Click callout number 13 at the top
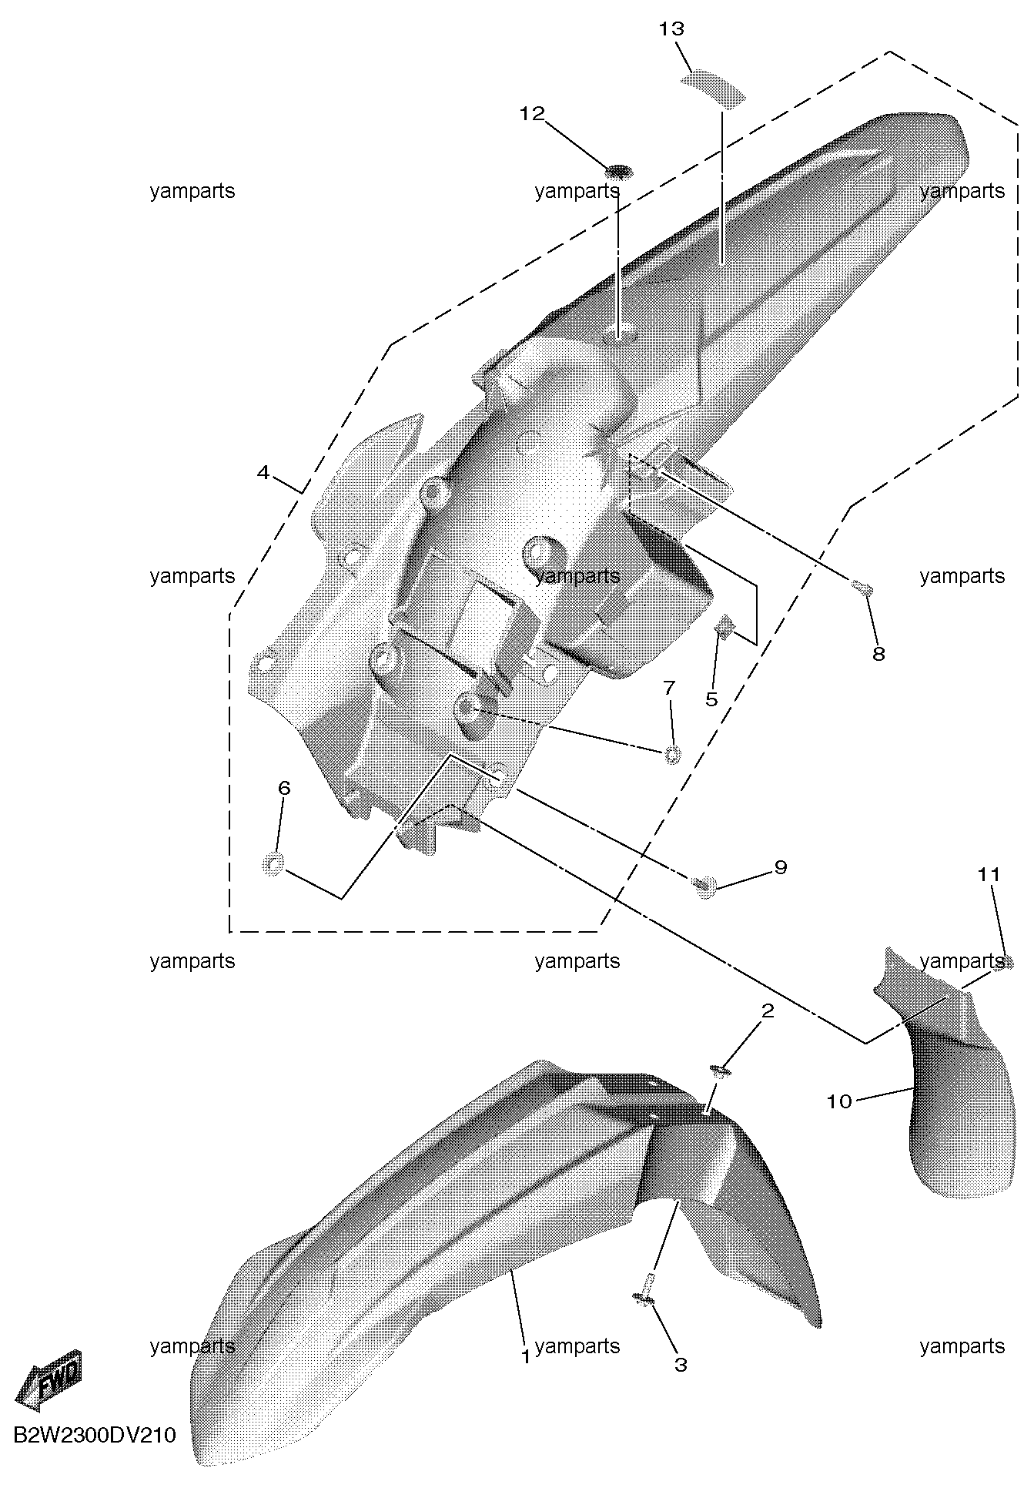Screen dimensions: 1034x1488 tap(671, 29)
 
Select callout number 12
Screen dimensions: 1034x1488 tap(532, 114)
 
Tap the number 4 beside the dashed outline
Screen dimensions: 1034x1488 tap(263, 472)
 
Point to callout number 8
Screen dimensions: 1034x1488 tap(878, 654)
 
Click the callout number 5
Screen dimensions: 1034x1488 tap(711, 699)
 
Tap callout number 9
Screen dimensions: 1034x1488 tap(781, 867)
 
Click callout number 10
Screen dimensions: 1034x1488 tap(839, 1101)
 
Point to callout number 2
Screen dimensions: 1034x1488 tap(768, 1010)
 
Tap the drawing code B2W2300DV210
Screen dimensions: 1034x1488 tap(95, 1436)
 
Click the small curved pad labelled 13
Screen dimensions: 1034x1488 tap(714, 85)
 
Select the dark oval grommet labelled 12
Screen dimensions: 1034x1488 tap(618, 170)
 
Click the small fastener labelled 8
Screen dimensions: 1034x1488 tap(862, 589)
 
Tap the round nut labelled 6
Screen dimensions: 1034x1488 tap(273, 865)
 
